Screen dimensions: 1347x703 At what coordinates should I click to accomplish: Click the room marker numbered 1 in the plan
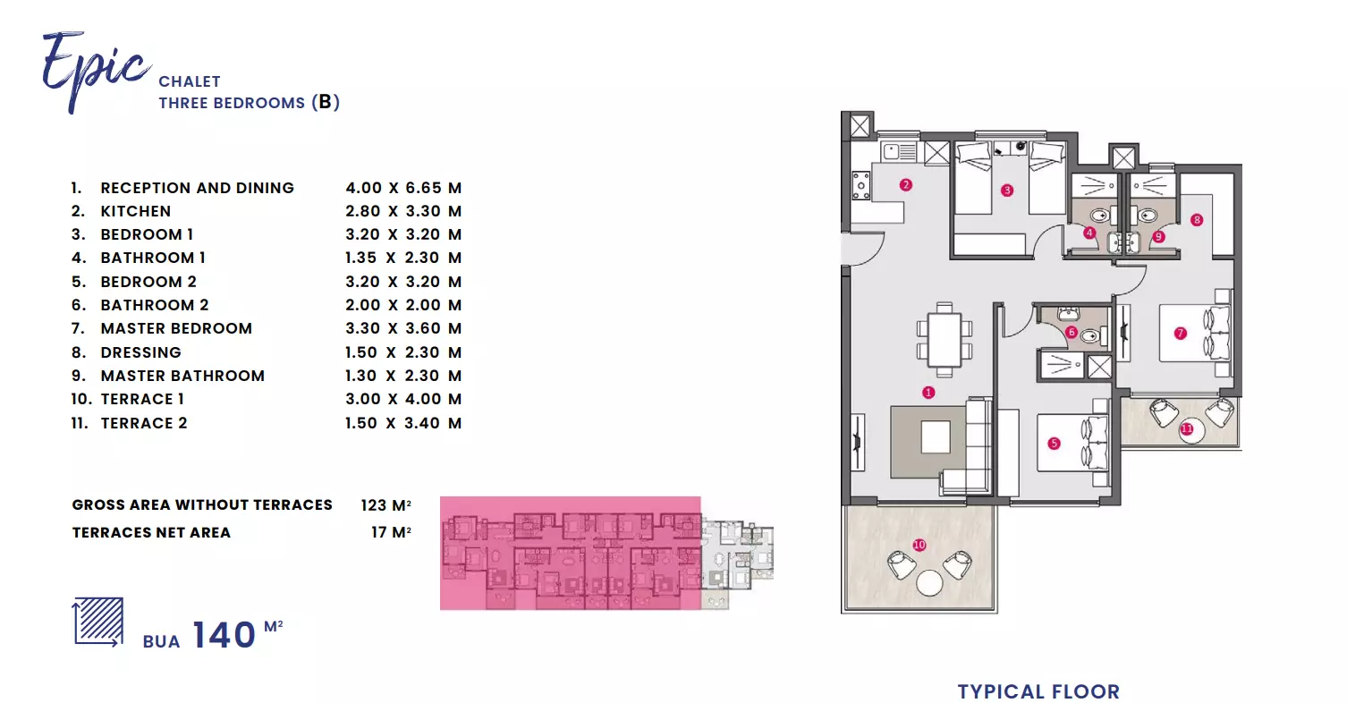coord(928,393)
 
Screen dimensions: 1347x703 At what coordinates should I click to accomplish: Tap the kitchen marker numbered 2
coord(906,184)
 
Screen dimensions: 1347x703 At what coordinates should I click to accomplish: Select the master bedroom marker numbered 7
coord(1181,333)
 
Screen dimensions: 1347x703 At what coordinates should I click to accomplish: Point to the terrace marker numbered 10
coord(919,545)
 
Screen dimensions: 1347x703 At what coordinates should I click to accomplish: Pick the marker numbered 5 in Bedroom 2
coord(1054,444)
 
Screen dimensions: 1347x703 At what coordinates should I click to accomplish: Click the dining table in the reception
coord(945,340)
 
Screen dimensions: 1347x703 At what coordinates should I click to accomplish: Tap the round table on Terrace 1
coord(929,583)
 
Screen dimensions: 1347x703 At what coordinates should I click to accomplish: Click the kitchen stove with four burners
coord(861,186)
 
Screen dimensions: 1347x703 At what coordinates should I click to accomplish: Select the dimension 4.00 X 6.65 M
coord(403,188)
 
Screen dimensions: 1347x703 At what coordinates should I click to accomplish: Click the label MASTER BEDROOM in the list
coord(176,328)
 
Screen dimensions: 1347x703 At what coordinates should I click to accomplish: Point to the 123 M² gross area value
coord(386,505)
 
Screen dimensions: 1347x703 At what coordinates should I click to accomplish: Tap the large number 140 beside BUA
coord(224,634)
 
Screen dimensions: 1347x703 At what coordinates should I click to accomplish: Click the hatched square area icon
coord(98,622)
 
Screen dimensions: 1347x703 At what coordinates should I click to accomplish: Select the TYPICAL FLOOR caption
coord(1038,691)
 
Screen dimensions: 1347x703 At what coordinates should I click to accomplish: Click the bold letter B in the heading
coord(325,102)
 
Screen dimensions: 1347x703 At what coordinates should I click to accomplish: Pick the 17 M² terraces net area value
coord(392,532)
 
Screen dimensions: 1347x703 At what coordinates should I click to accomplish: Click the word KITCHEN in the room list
coord(136,211)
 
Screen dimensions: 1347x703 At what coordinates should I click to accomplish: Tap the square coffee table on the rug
coord(936,436)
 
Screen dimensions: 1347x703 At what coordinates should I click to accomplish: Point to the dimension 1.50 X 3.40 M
coord(403,423)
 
